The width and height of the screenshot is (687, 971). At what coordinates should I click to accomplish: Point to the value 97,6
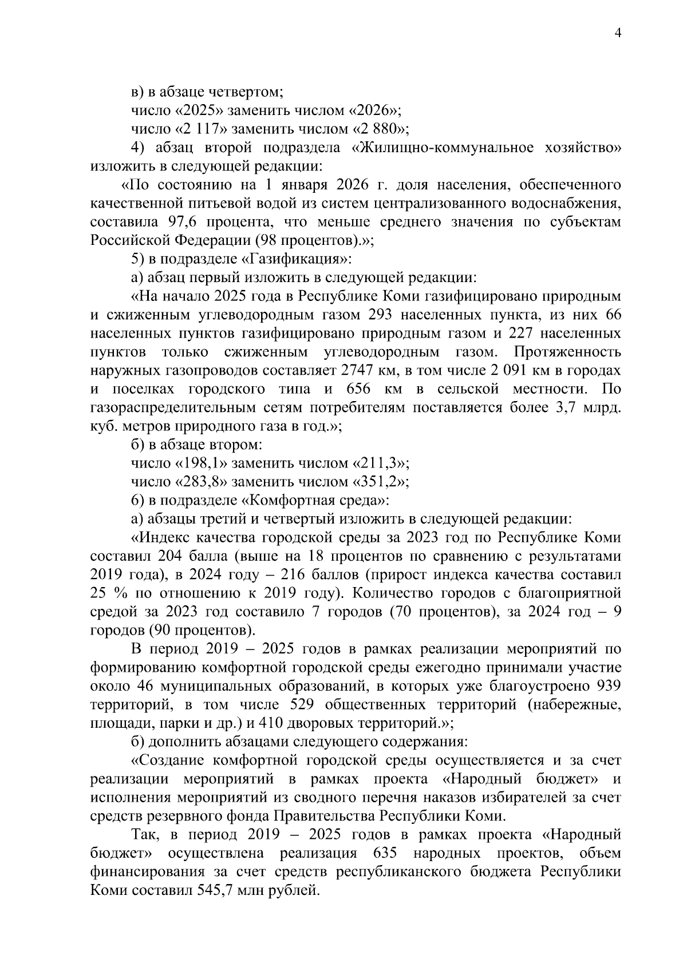(182, 221)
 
